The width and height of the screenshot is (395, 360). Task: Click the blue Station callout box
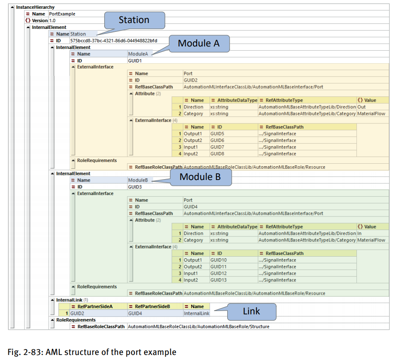(134, 20)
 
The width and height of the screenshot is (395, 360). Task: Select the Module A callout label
(199, 43)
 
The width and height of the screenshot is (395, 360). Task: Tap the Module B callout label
(200, 177)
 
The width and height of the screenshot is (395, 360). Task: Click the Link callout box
(251, 311)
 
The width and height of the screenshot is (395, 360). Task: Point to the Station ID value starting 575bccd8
(113, 41)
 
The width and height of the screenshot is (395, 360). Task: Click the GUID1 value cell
(135, 61)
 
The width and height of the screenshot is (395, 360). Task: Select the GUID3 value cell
(135, 187)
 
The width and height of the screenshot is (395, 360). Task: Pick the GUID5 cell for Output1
(218, 134)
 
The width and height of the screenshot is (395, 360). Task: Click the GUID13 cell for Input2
(219, 280)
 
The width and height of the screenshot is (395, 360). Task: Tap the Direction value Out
(362, 107)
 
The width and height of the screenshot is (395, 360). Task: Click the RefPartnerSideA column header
(95, 306)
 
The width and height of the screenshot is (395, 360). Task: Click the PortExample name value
(62, 14)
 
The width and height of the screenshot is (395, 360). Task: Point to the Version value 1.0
(52, 21)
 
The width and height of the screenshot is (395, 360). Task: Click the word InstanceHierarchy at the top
(35, 8)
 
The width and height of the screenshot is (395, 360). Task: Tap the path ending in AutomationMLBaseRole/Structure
(198, 327)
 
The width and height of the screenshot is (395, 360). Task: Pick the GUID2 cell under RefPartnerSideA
(77, 313)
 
